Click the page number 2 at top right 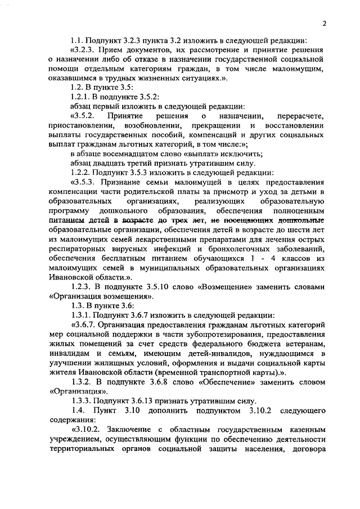(x=325, y=23)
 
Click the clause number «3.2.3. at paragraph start (x=86, y=51)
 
